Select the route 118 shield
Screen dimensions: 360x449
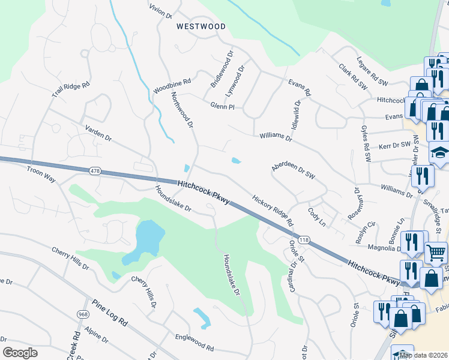point(304,240)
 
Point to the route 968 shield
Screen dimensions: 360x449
point(83,314)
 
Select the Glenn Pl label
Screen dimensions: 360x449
point(221,106)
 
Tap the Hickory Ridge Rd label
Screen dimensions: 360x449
point(273,210)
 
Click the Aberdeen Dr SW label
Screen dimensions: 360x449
point(293,170)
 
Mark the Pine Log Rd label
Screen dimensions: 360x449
point(110,313)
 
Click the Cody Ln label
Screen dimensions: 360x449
point(316,217)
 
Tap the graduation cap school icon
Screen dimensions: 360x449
point(439,152)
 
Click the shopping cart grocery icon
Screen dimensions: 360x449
point(436,252)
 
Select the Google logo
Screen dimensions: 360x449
point(20,353)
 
